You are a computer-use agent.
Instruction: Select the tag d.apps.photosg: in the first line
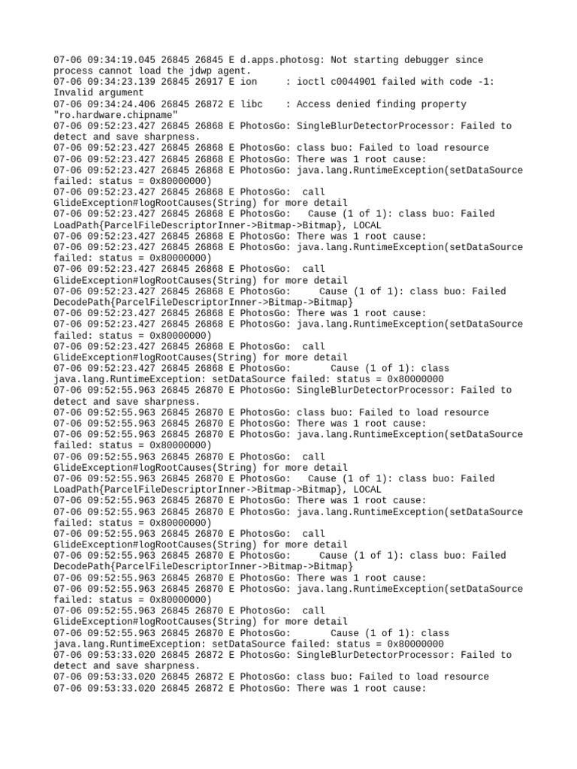(x=279, y=60)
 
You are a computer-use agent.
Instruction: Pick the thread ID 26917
(x=210, y=82)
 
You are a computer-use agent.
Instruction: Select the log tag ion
(x=248, y=82)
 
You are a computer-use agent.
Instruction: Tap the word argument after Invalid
(x=120, y=93)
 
